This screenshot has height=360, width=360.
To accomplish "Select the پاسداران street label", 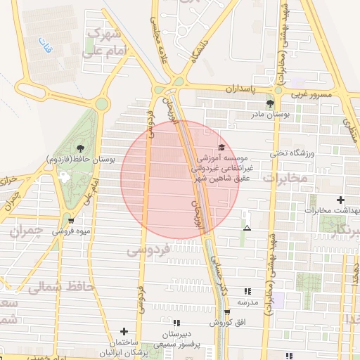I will tap(243, 90).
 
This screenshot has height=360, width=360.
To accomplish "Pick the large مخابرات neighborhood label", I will tap(285, 178).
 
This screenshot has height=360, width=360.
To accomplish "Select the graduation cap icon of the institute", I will tap(222, 147).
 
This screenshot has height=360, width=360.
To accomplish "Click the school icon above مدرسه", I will tap(247, 291).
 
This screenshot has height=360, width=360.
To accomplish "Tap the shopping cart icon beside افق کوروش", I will tap(226, 311).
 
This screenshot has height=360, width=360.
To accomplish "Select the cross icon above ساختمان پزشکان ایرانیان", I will tap(124, 330).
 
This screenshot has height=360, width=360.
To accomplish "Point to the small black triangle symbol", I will tap(247, 228).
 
